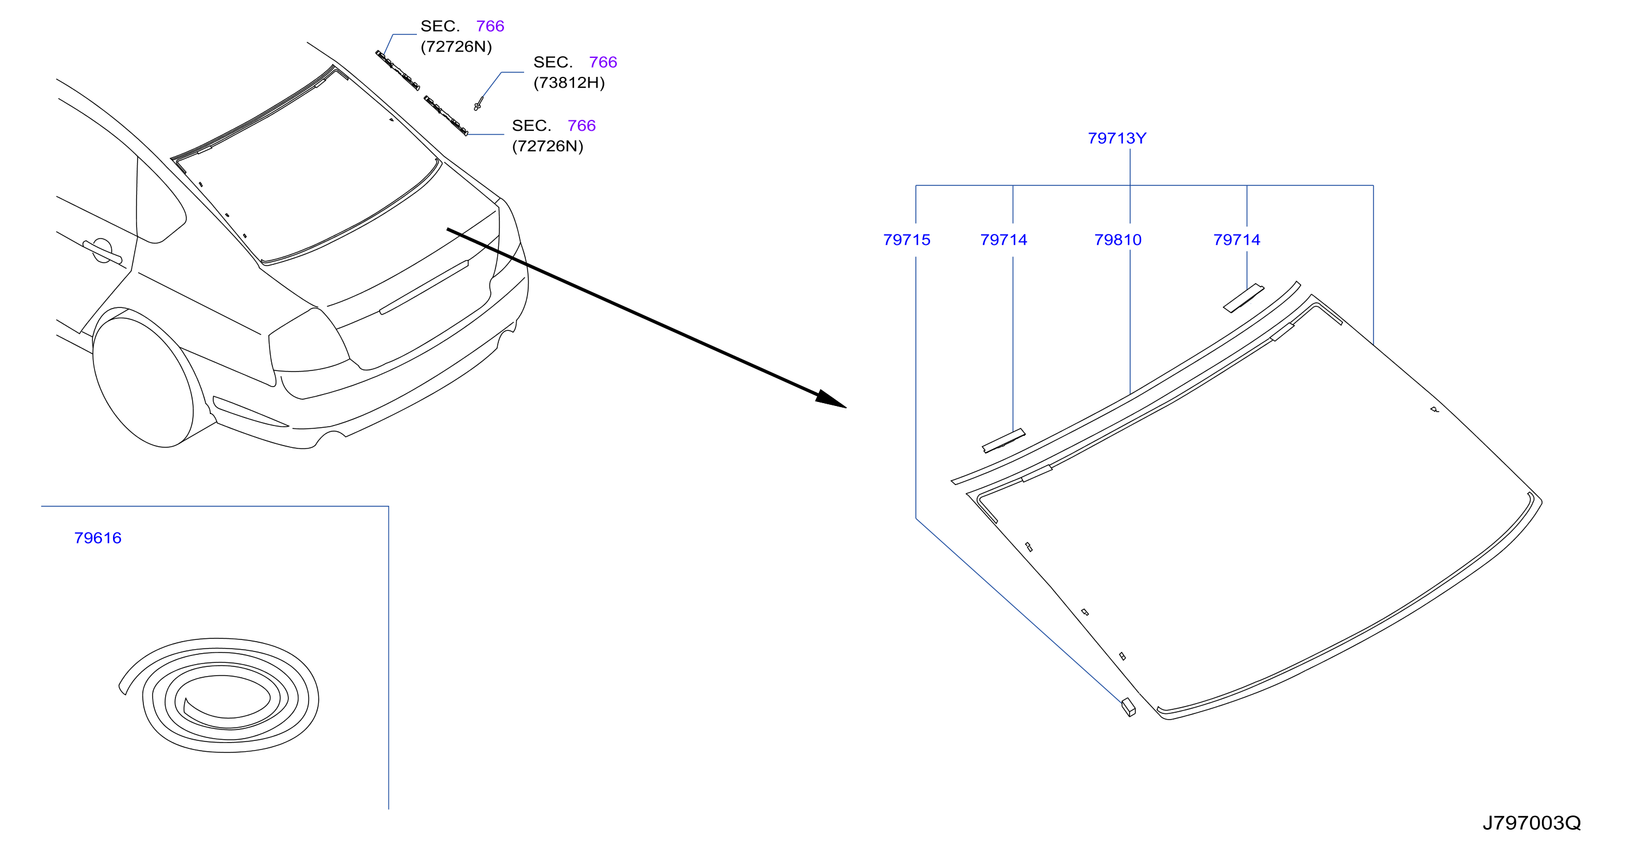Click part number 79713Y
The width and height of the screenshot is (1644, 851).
1117,138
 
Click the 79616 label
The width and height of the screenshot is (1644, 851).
97,537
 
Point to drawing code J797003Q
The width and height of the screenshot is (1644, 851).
1531,822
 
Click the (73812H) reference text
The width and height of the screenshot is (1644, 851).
569,83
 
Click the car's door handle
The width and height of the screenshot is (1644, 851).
102,251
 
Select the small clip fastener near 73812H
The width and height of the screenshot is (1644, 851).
478,103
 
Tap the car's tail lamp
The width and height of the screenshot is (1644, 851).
310,342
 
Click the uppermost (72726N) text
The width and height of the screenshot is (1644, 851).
456,46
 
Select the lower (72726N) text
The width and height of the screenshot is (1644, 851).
548,146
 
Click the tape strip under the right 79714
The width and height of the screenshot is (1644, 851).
1243,298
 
